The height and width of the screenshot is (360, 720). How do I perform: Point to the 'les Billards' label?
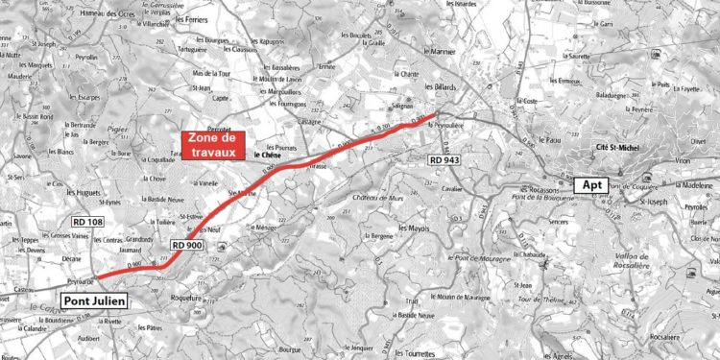[439, 88]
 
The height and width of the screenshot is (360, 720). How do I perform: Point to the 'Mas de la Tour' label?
[212, 73]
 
